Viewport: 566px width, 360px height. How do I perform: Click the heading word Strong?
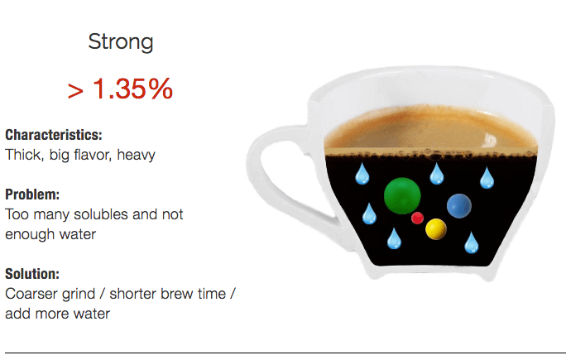point(121,42)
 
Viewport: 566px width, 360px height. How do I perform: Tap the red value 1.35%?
point(132,89)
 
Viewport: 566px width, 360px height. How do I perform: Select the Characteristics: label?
point(54,135)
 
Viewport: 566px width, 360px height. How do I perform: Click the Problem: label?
point(32,195)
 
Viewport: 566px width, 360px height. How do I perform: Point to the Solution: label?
point(32,274)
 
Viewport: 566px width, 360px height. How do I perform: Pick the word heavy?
point(136,154)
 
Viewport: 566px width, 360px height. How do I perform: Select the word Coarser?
point(32,294)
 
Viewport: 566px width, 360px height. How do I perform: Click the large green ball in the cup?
point(403,195)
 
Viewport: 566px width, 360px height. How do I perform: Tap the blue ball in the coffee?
point(458,205)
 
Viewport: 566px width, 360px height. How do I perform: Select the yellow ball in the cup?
point(436,229)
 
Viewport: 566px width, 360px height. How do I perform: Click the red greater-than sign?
point(75,91)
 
